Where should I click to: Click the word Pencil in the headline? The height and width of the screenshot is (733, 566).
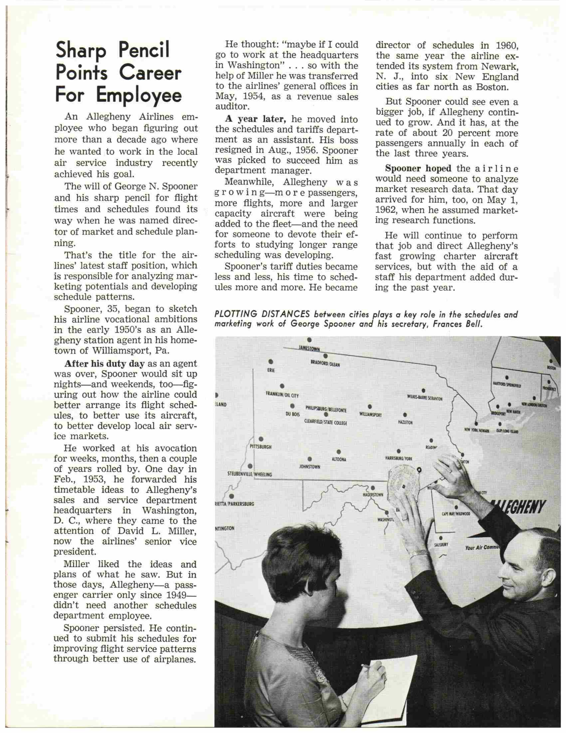point(144,50)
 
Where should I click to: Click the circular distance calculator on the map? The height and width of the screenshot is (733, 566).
point(402,483)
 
